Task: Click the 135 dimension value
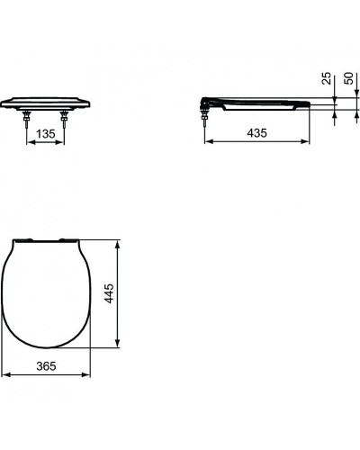point(46,134)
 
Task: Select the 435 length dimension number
point(256,133)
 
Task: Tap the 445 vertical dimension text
point(109,293)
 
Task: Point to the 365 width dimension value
point(46,366)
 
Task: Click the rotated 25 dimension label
point(327,78)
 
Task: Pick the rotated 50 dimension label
point(349,78)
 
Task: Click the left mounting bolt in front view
point(27,119)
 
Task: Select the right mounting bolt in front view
point(64,119)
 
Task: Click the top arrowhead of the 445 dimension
point(118,244)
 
